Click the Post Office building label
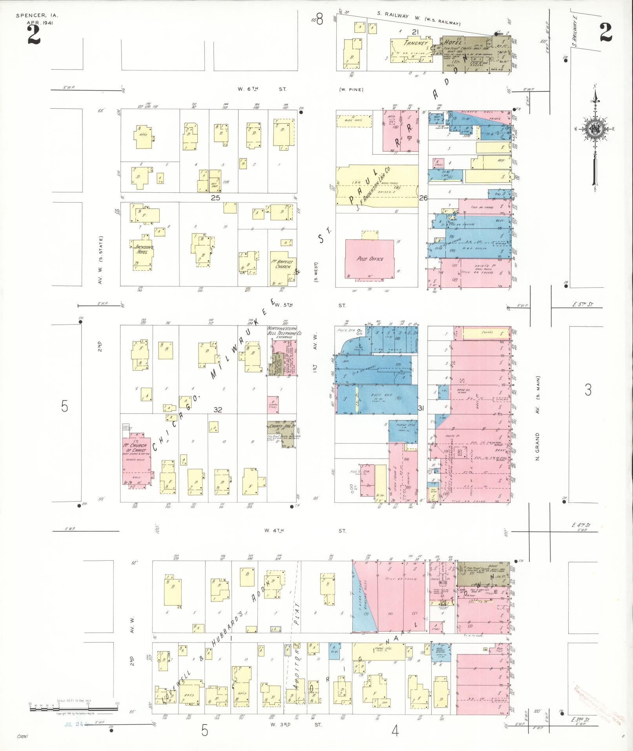pyautogui.click(x=370, y=259)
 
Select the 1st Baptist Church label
pyautogui.click(x=283, y=264)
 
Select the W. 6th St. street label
pyautogui.click(x=262, y=89)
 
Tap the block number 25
pyautogui.click(x=215, y=198)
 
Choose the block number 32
pyautogui.click(x=218, y=410)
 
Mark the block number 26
pyautogui.click(x=423, y=198)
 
